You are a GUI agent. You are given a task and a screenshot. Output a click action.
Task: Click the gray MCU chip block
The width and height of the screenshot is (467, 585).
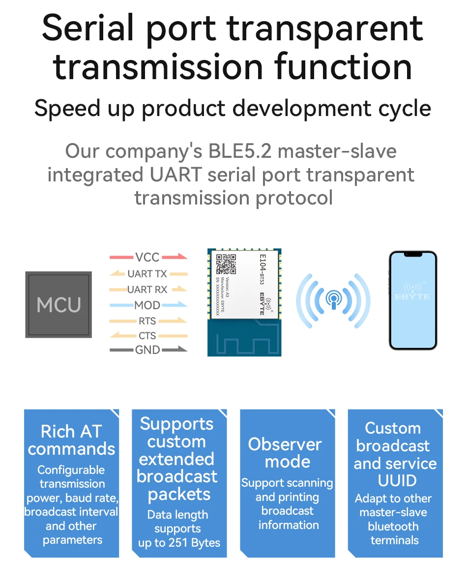tap(58, 305)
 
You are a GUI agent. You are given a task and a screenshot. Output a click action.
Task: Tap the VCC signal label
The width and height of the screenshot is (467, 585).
tap(147, 257)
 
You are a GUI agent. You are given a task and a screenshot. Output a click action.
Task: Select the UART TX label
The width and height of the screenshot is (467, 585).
tap(147, 273)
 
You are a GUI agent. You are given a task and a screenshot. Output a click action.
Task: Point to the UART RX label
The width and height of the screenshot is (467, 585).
tap(147, 290)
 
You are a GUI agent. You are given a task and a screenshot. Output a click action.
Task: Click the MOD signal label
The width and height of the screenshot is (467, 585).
tap(147, 305)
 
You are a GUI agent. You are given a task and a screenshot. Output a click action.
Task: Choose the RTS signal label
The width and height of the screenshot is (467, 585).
tap(147, 321)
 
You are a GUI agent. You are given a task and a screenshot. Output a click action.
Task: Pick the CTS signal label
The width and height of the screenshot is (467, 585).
tap(147, 336)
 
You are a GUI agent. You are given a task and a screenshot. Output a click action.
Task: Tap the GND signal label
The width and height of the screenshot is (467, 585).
tap(147, 350)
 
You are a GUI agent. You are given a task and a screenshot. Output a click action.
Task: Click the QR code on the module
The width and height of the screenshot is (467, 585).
tap(227, 264)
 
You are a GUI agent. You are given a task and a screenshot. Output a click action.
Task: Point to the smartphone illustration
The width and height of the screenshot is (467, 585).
tap(413, 300)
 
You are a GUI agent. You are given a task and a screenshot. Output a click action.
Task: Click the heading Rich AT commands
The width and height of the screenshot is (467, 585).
tap(72, 440)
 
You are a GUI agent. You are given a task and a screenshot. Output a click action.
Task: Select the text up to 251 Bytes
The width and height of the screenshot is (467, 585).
tap(179, 543)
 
